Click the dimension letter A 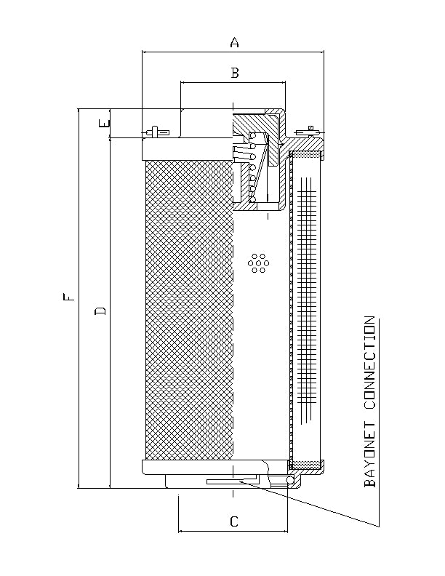coord(234,43)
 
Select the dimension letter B coord(234,72)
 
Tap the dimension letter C coord(233,521)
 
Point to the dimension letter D coord(101,311)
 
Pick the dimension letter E coord(107,124)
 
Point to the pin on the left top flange coord(157,132)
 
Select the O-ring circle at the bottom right coord(289,481)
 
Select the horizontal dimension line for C coord(233,532)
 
